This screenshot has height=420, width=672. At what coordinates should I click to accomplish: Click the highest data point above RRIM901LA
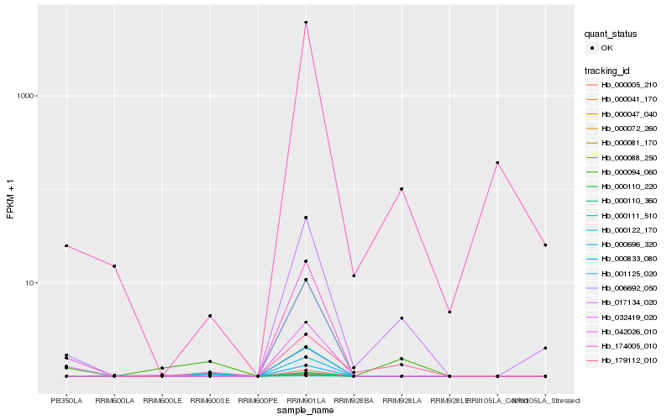[306, 23]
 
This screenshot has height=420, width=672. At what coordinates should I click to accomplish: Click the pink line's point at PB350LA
[66, 246]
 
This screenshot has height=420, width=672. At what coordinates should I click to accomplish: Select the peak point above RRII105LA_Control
[497, 162]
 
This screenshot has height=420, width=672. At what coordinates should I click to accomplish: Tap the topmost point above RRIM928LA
[402, 189]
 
